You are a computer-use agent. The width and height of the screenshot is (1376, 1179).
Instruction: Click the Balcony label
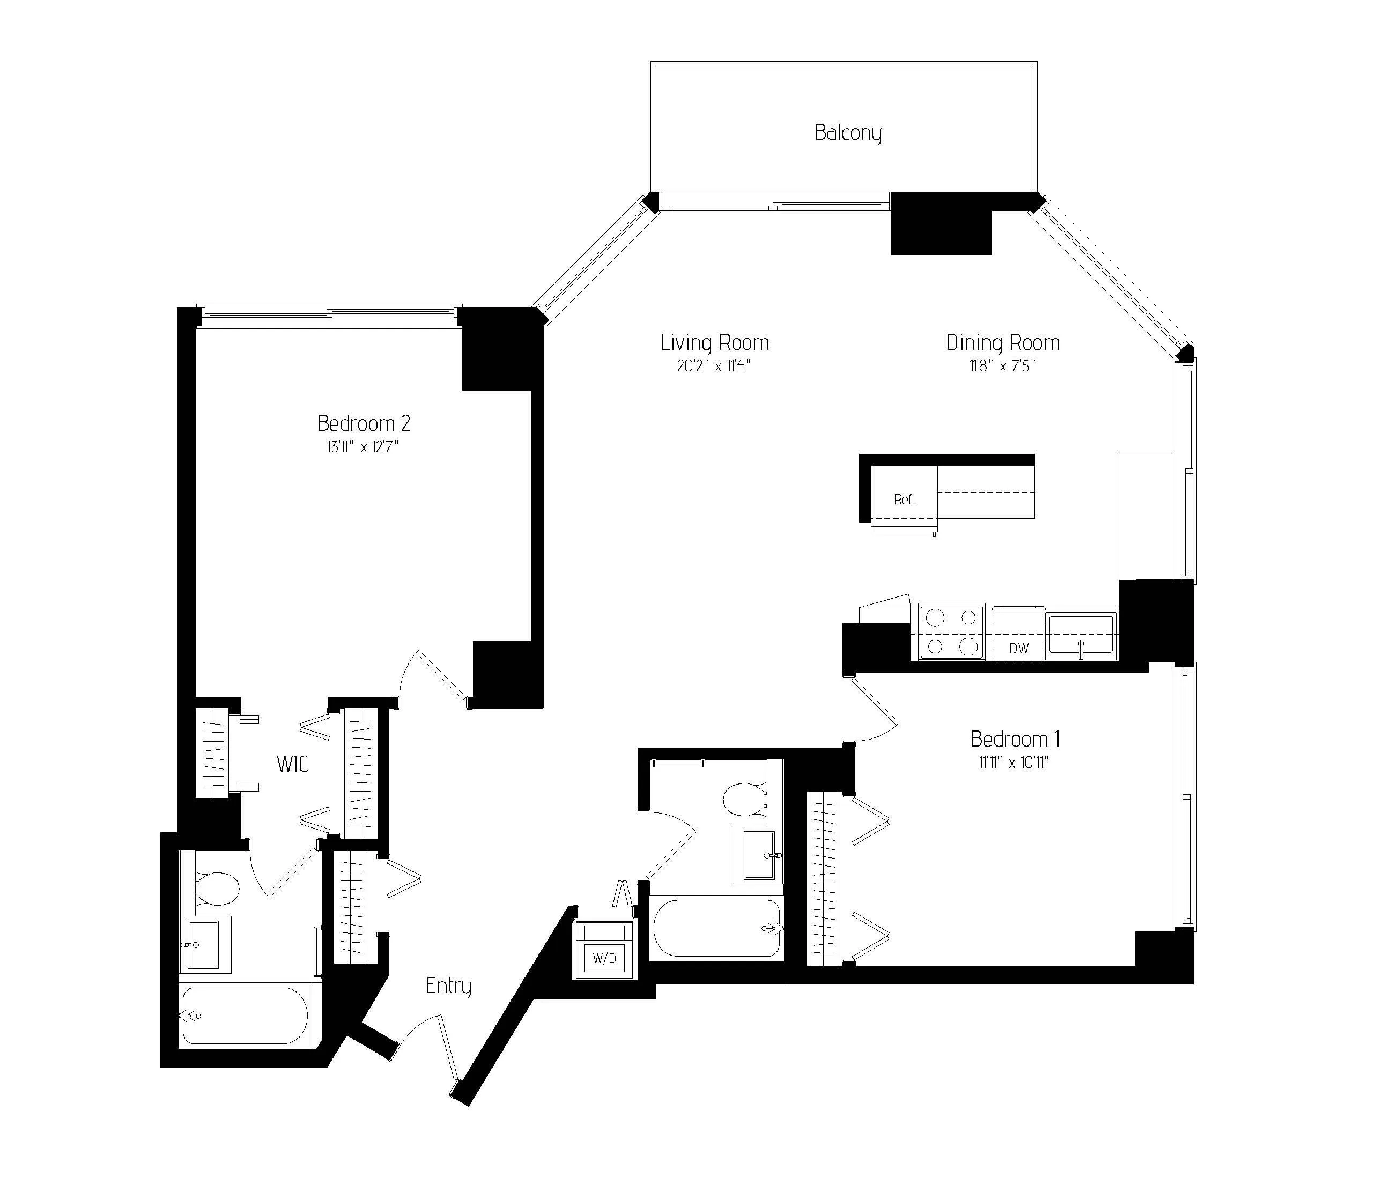(848, 133)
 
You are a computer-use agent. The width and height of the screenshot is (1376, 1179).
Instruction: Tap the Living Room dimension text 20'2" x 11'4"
(714, 366)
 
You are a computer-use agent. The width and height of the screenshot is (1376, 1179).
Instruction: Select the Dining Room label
(1002, 342)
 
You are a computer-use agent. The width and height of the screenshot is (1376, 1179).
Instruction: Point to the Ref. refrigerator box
(904, 500)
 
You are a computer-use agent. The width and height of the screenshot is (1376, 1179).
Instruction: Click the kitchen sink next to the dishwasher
(1081, 635)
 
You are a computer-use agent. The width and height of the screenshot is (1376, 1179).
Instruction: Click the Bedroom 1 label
(1015, 739)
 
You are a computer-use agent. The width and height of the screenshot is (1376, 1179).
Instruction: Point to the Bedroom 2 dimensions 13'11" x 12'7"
(363, 447)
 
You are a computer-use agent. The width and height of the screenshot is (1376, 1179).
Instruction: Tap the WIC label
(292, 764)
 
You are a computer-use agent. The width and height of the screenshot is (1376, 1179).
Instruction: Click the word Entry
(448, 986)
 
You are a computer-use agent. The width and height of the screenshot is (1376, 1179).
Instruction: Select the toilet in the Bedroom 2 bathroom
(217, 888)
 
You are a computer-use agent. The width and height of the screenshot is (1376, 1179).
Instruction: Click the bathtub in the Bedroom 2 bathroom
(245, 1016)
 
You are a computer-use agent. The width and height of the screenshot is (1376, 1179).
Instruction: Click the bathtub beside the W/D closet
(716, 928)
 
